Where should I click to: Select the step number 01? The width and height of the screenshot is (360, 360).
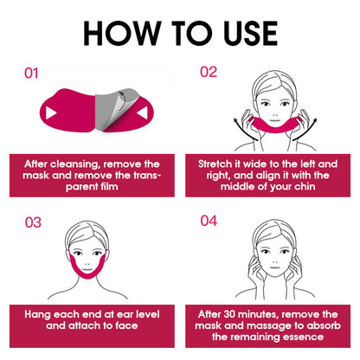point(31,74)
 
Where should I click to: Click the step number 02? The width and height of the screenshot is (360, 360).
point(209,72)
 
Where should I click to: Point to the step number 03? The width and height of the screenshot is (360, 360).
point(33,222)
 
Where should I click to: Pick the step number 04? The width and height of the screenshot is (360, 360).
point(209,221)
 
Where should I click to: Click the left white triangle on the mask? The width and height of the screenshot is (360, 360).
point(51,113)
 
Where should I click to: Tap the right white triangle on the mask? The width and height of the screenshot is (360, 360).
point(143,112)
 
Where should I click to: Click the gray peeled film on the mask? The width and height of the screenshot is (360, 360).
point(114,108)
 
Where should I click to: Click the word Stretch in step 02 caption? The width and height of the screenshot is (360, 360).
point(215,164)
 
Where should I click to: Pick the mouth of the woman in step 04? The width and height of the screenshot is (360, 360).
point(274,267)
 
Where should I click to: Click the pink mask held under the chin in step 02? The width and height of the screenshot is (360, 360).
point(275,128)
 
